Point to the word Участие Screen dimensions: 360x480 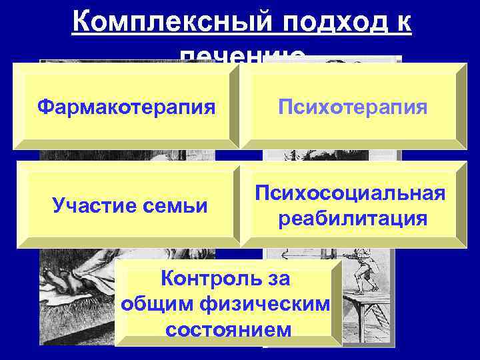92,207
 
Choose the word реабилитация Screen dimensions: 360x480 353,218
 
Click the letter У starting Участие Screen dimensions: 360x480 57,207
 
